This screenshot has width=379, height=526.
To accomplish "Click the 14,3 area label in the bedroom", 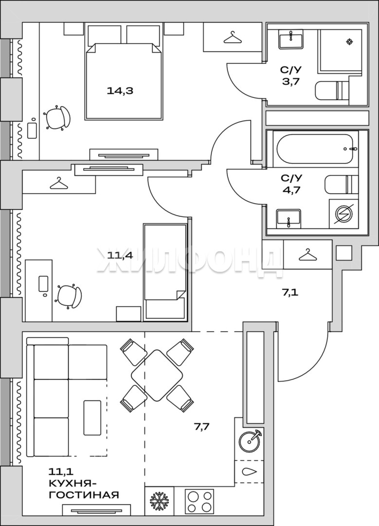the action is coord(120,91).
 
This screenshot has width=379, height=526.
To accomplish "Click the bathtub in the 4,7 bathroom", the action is coord(316,149).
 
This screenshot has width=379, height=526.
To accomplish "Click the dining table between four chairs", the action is coord(157,376).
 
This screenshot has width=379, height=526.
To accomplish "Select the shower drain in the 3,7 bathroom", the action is coord(349,41).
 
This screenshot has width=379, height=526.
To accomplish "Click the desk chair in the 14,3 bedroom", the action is coord(57,117).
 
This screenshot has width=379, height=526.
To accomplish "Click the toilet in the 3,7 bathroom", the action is coord(332,90).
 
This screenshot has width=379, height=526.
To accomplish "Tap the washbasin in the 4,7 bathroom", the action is coord(289,218).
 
